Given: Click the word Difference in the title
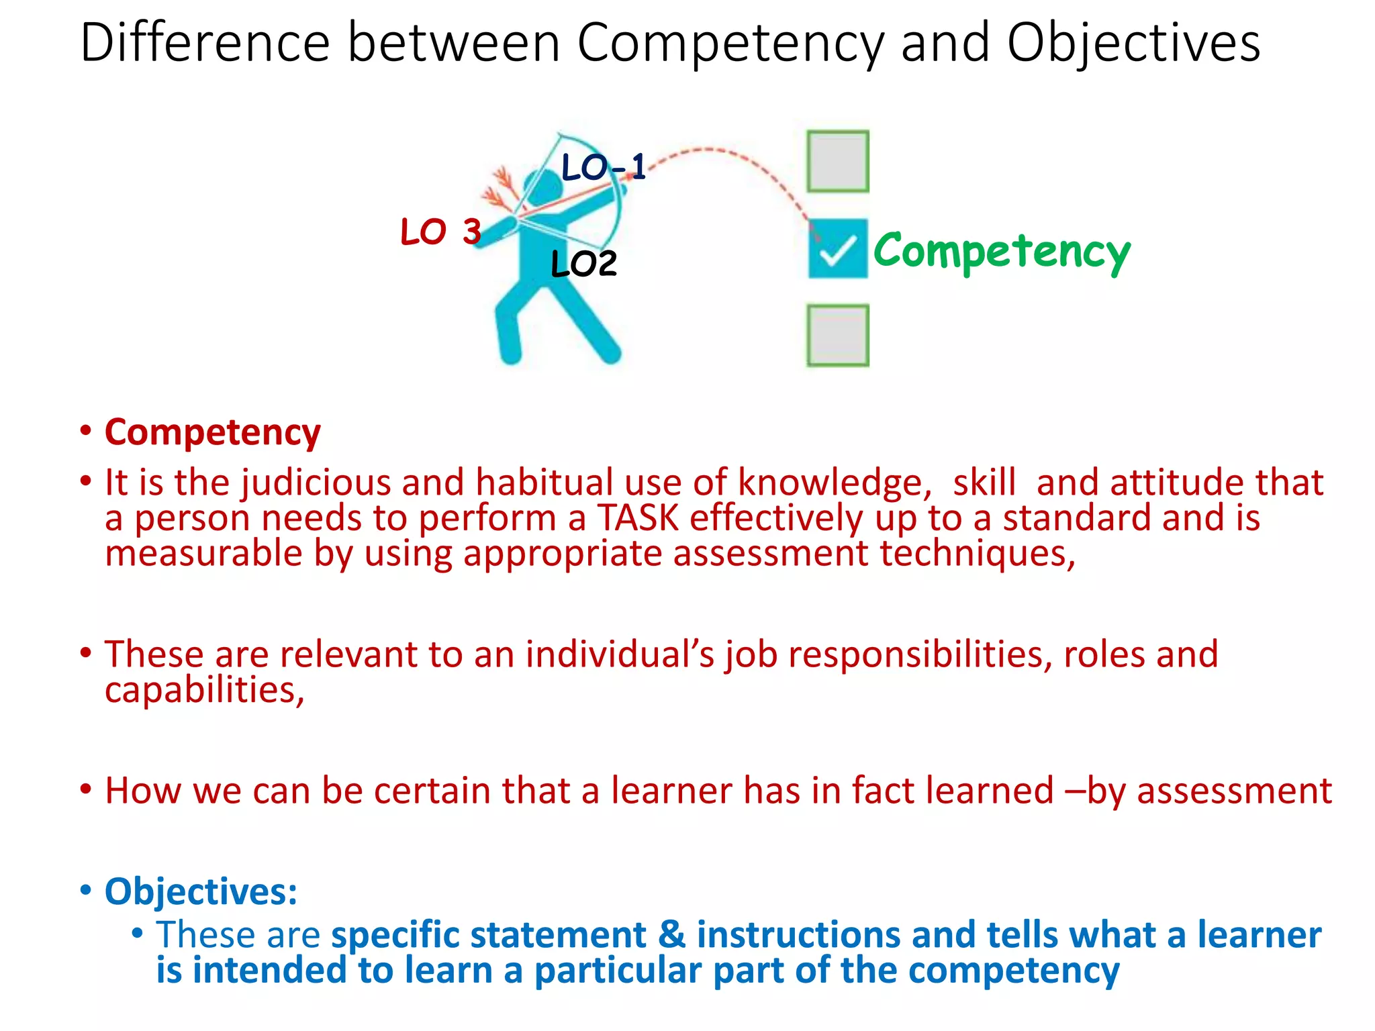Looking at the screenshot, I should click(205, 43).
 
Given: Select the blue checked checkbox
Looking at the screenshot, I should click(837, 249).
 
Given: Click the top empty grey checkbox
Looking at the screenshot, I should click(837, 161).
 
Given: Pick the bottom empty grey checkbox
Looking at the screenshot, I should click(837, 336).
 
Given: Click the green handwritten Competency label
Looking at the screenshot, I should click(1002, 252).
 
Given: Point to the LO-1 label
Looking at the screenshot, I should click(603, 166).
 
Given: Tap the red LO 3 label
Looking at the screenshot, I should click(440, 232).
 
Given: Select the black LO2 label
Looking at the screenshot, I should click(583, 264).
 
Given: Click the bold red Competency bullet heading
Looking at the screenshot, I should click(212, 432).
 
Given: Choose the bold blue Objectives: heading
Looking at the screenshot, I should click(201, 892).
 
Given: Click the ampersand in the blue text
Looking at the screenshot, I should click(672, 935).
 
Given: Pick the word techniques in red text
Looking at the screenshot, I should click(977, 554).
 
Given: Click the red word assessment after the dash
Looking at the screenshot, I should click(1234, 791).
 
